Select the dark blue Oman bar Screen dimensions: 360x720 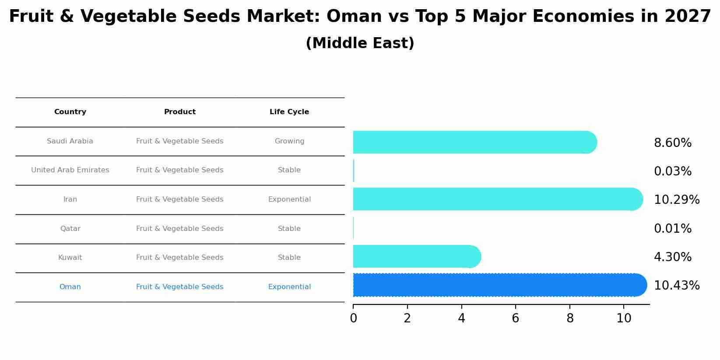coord(499,285)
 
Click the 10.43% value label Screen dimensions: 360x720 coord(676,286)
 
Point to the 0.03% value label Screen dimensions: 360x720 coord(672,171)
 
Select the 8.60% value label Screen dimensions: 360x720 coord(672,143)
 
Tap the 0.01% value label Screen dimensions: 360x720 coord(672,229)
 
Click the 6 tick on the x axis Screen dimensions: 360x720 coord(515,318)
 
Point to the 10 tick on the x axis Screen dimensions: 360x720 coord(624,318)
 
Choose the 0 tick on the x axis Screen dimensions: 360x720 coord(353,318)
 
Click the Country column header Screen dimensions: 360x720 coord(70,112)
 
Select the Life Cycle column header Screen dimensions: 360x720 coord(289,112)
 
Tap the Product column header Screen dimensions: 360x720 coord(179,112)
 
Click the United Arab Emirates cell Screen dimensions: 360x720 coord(70,170)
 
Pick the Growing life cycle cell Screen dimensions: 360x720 coord(289,141)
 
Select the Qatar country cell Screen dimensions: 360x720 coord(70,229)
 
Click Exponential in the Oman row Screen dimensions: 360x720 coord(289,287)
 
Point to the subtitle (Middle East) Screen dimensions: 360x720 coord(360,43)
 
